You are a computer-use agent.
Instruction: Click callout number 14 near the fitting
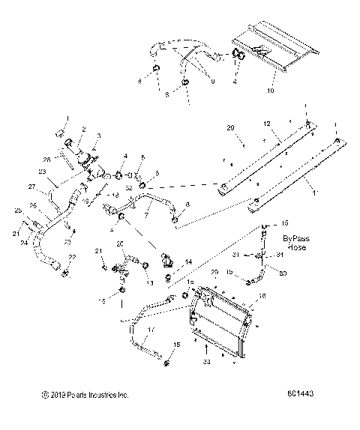pyautogui.click(x=187, y=261)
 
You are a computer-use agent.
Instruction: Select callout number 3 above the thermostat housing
pyautogui.click(x=95, y=135)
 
